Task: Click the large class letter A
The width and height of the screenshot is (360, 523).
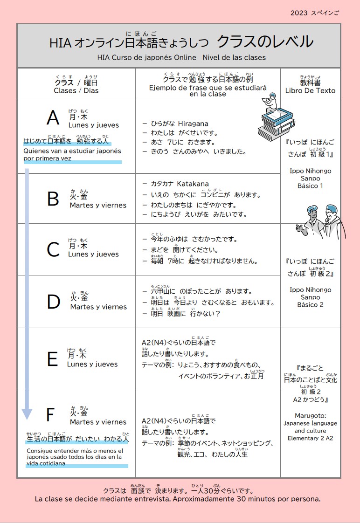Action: (x=53, y=118)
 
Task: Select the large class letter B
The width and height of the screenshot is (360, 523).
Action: (x=53, y=199)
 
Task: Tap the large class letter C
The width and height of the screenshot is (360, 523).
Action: (x=53, y=250)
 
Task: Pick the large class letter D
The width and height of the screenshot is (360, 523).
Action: (x=54, y=302)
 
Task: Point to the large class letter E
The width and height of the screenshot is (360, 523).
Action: (x=52, y=359)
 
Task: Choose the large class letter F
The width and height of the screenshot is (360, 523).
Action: (x=51, y=414)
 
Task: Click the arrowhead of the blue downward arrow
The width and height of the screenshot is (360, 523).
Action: (x=27, y=413)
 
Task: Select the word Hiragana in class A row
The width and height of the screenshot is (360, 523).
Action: (x=193, y=124)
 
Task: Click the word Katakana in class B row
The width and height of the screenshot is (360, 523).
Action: (x=193, y=184)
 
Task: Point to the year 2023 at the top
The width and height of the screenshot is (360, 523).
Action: (x=299, y=13)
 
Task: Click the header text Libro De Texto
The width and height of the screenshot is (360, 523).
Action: (x=310, y=90)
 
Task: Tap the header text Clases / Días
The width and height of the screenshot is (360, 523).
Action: (x=76, y=90)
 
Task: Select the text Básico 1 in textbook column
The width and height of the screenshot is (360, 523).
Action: (x=310, y=186)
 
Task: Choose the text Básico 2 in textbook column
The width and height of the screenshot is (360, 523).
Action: (x=310, y=304)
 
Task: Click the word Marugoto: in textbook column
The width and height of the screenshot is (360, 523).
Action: (x=310, y=415)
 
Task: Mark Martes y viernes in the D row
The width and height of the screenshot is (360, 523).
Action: (x=98, y=307)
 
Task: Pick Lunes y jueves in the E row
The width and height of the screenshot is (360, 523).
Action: (x=92, y=364)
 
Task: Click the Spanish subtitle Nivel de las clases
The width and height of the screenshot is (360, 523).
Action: (x=234, y=57)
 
